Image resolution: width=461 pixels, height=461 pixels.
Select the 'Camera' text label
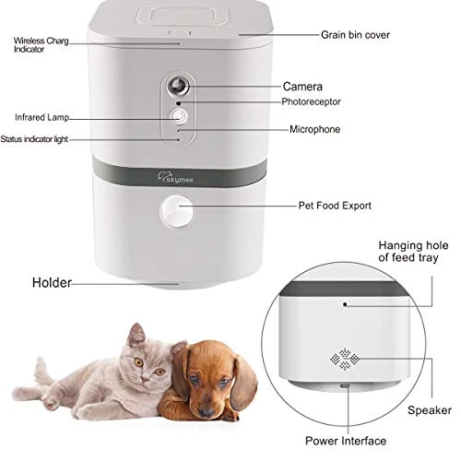302,86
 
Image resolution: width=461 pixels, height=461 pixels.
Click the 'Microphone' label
314,130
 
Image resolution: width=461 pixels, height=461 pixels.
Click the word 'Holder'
52,282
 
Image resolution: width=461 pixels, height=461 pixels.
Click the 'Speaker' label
430,409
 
